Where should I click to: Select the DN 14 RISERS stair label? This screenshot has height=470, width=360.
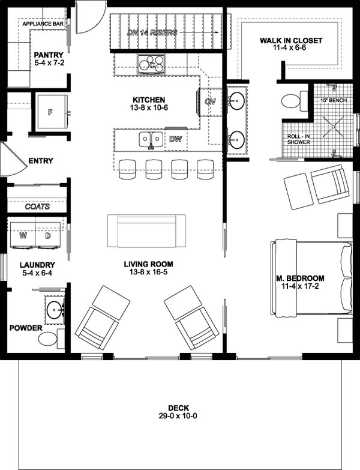tap(152, 32)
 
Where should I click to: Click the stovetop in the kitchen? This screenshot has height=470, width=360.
tap(152, 62)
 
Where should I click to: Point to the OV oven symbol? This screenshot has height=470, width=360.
tap(210, 101)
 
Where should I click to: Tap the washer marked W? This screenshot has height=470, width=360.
tap(23, 235)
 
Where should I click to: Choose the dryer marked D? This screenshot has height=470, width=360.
tap(49, 235)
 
